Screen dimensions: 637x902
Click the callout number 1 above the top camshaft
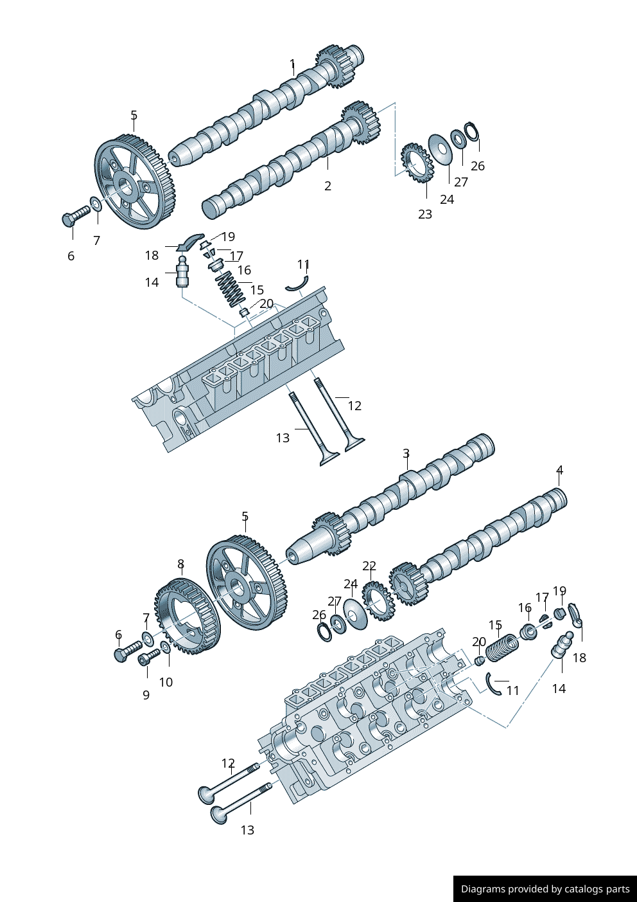coord(292,64)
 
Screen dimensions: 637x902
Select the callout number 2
coord(327,186)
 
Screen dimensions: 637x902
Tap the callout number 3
coord(406,453)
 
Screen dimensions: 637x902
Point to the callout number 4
coord(559,470)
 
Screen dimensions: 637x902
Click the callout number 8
coord(181,564)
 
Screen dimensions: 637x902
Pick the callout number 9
coord(146,695)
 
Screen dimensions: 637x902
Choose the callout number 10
coord(166,682)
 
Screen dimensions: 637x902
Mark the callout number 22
coord(369,566)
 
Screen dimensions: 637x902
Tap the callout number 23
coord(425,214)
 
